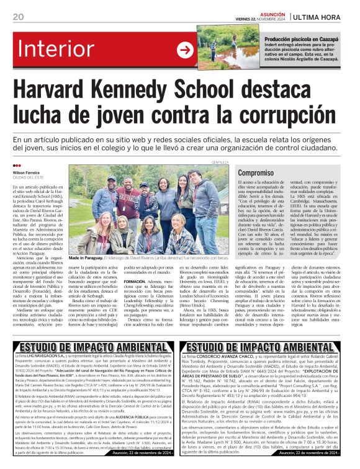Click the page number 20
(x=18, y=16)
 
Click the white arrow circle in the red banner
(x=185, y=50)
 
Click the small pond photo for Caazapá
(x=221, y=44)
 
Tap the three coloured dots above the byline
(x=17, y=166)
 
